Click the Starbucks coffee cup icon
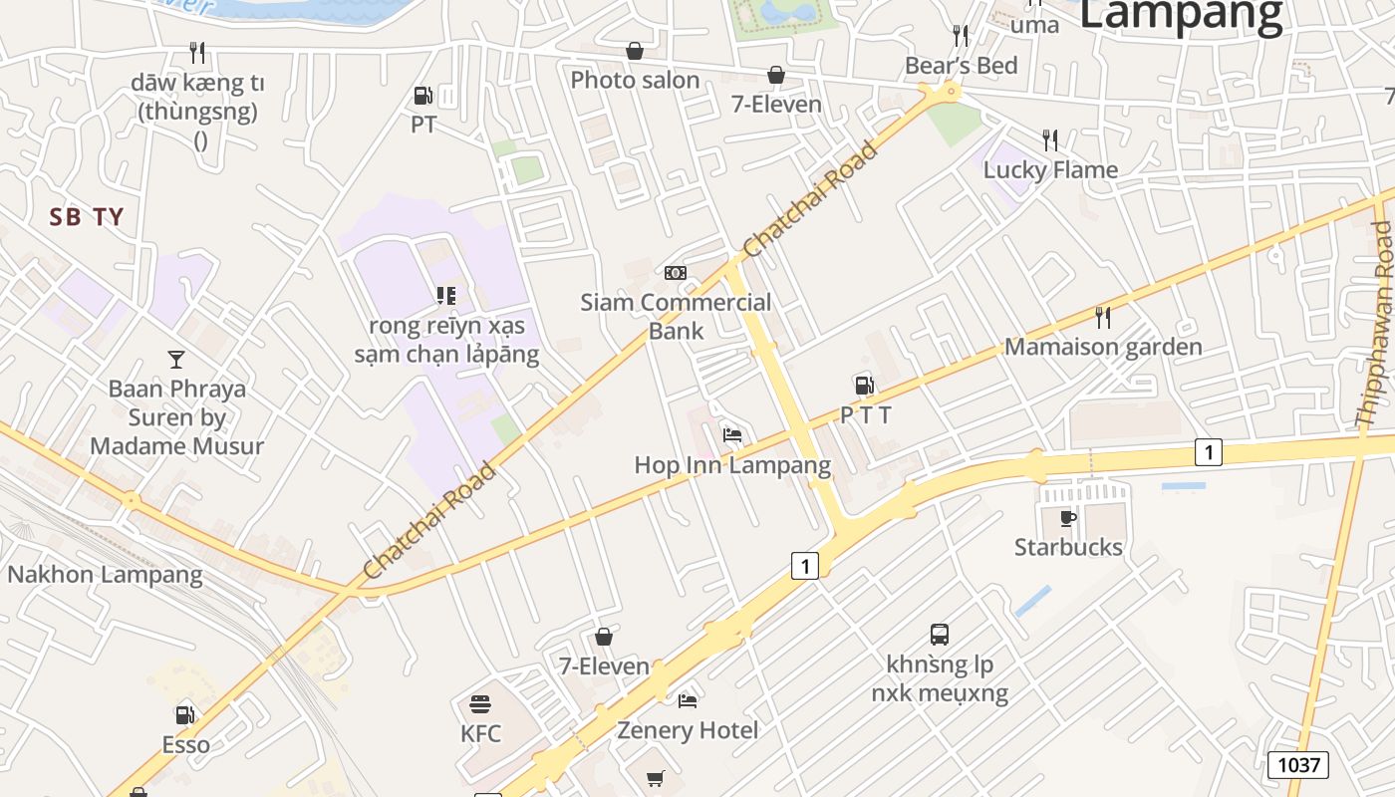[1067, 518]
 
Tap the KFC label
[480, 734]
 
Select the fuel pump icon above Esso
[184, 714]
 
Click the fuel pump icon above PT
[423, 96]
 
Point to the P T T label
[865, 415]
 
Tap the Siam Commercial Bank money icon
[676, 273]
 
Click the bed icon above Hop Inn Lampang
[732, 434]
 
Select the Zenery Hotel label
[688, 730]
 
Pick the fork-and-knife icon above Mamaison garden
[1102, 318]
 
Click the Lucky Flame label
[1050, 169]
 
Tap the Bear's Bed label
[961, 66]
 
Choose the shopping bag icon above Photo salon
[635, 51]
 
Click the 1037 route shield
[1298, 765]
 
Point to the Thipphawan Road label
[1376, 325]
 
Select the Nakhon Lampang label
[105, 575]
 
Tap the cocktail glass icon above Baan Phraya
[176, 359]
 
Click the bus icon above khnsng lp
[939, 635]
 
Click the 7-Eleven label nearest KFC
[604, 666]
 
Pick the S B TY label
[87, 217]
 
